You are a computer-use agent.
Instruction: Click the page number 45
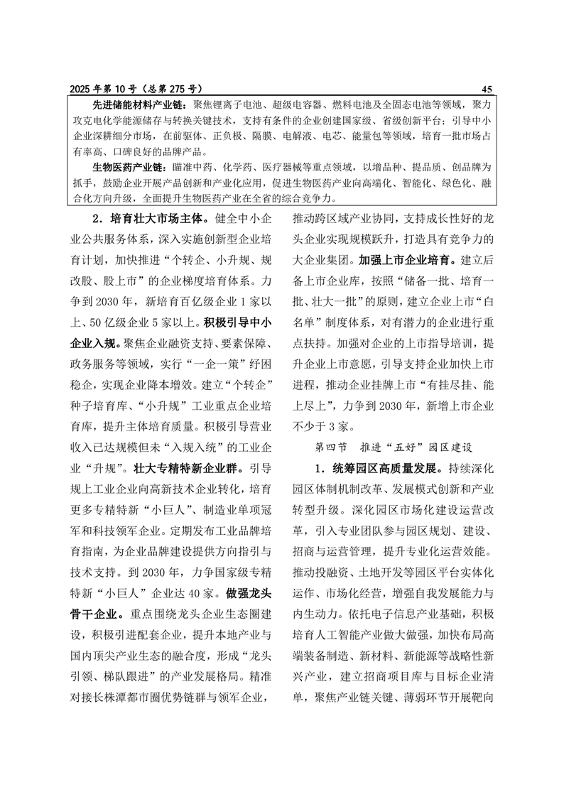pos(487,89)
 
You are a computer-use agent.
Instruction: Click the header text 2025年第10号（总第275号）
pos(136,89)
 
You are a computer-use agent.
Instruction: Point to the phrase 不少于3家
pos(325,426)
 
